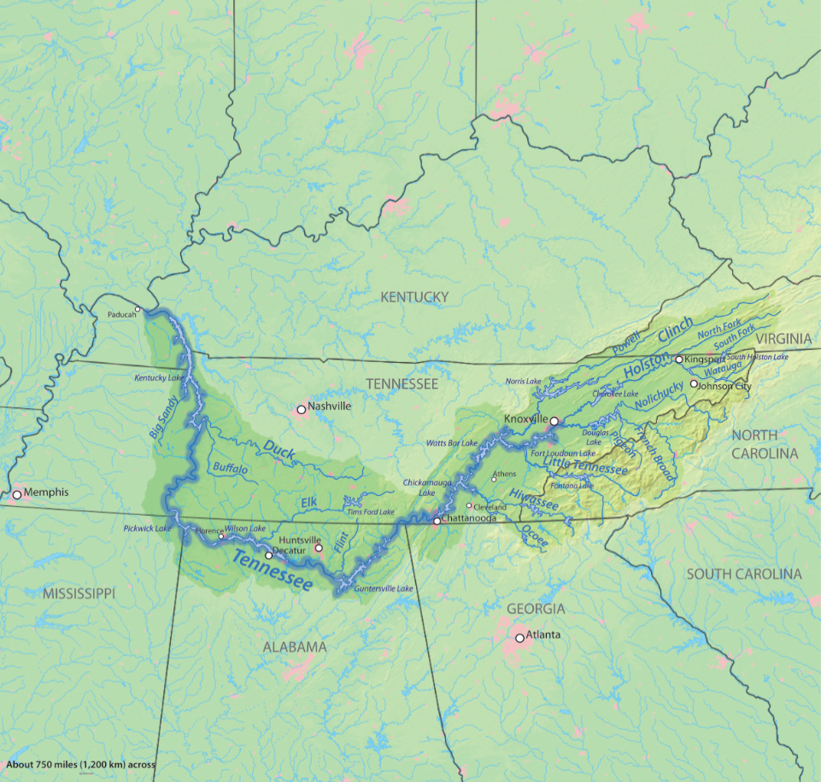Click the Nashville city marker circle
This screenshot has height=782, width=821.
pos(301,411)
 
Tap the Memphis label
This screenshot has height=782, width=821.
pos(46,493)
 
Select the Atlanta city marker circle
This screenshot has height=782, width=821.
pos(519,638)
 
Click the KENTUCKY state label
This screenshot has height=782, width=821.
pos(414,297)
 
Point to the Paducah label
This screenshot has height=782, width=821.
pos(121,313)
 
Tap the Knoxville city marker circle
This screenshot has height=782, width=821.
pos(554,421)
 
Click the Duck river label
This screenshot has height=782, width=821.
pos(279,448)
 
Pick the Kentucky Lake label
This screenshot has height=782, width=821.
pos(159,377)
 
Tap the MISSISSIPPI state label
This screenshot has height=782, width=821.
pos(79,592)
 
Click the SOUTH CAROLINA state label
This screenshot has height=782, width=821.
pos(744,574)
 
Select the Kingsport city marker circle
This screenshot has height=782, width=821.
pos(679,359)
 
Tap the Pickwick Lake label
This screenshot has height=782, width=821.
pos(146,528)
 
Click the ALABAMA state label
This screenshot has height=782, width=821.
pos(294,647)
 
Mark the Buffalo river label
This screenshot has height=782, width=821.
pos(231,470)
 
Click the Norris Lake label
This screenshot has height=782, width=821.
pos(523,381)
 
